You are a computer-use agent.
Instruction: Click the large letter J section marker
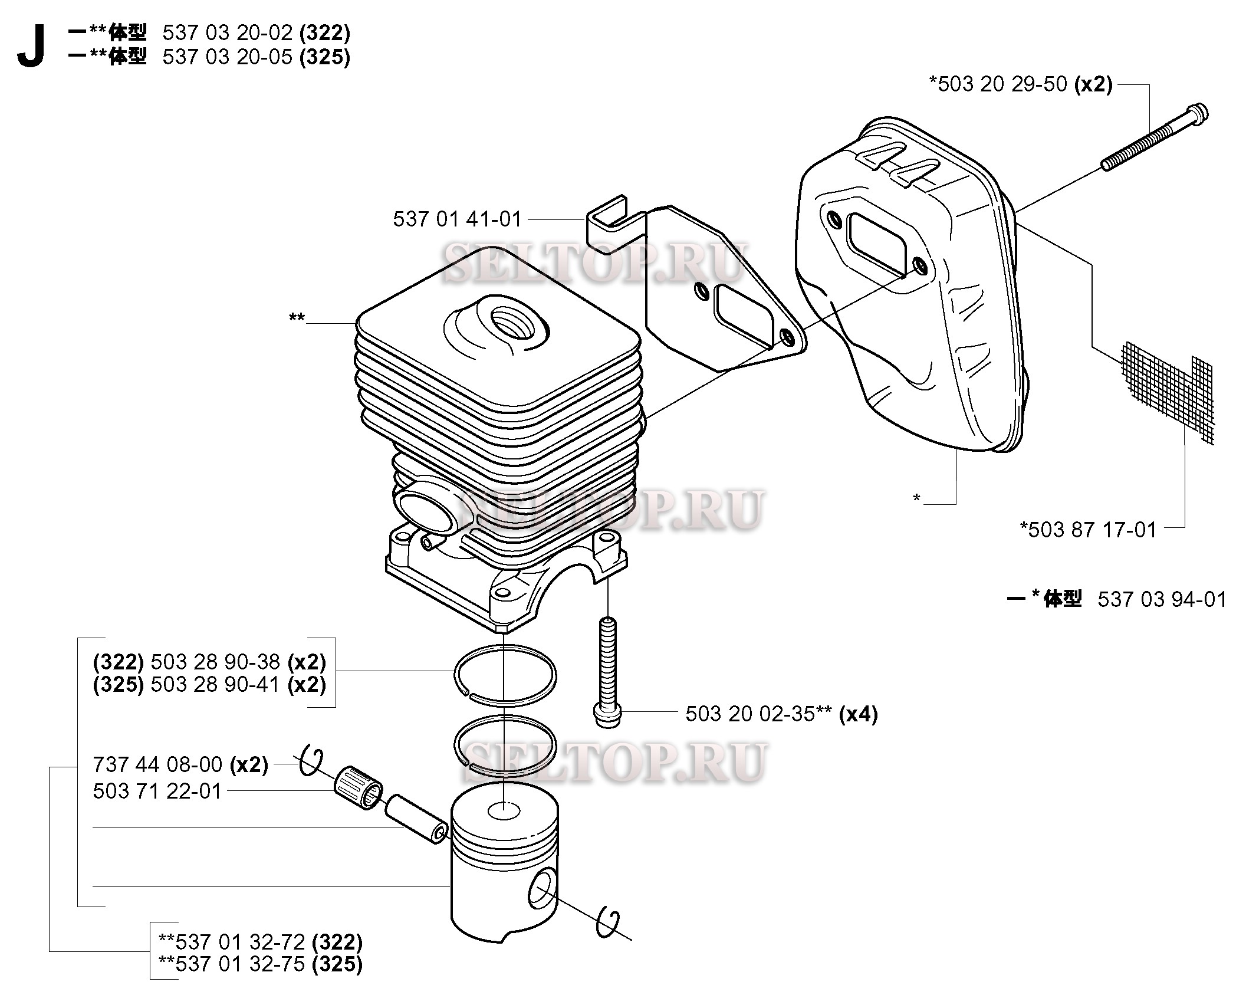click(x=31, y=48)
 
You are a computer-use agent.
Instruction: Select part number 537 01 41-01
click(x=458, y=219)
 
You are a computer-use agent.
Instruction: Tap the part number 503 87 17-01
click(x=1089, y=529)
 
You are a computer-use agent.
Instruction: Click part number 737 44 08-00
click(x=157, y=764)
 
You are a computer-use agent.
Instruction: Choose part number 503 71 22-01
click(x=157, y=791)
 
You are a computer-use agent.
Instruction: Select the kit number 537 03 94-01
click(x=1162, y=599)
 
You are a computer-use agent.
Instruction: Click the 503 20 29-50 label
click(x=1002, y=84)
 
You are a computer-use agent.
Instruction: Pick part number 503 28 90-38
click(x=215, y=662)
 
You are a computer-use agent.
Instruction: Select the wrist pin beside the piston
click(x=416, y=819)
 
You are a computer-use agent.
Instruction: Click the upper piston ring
click(x=505, y=675)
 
